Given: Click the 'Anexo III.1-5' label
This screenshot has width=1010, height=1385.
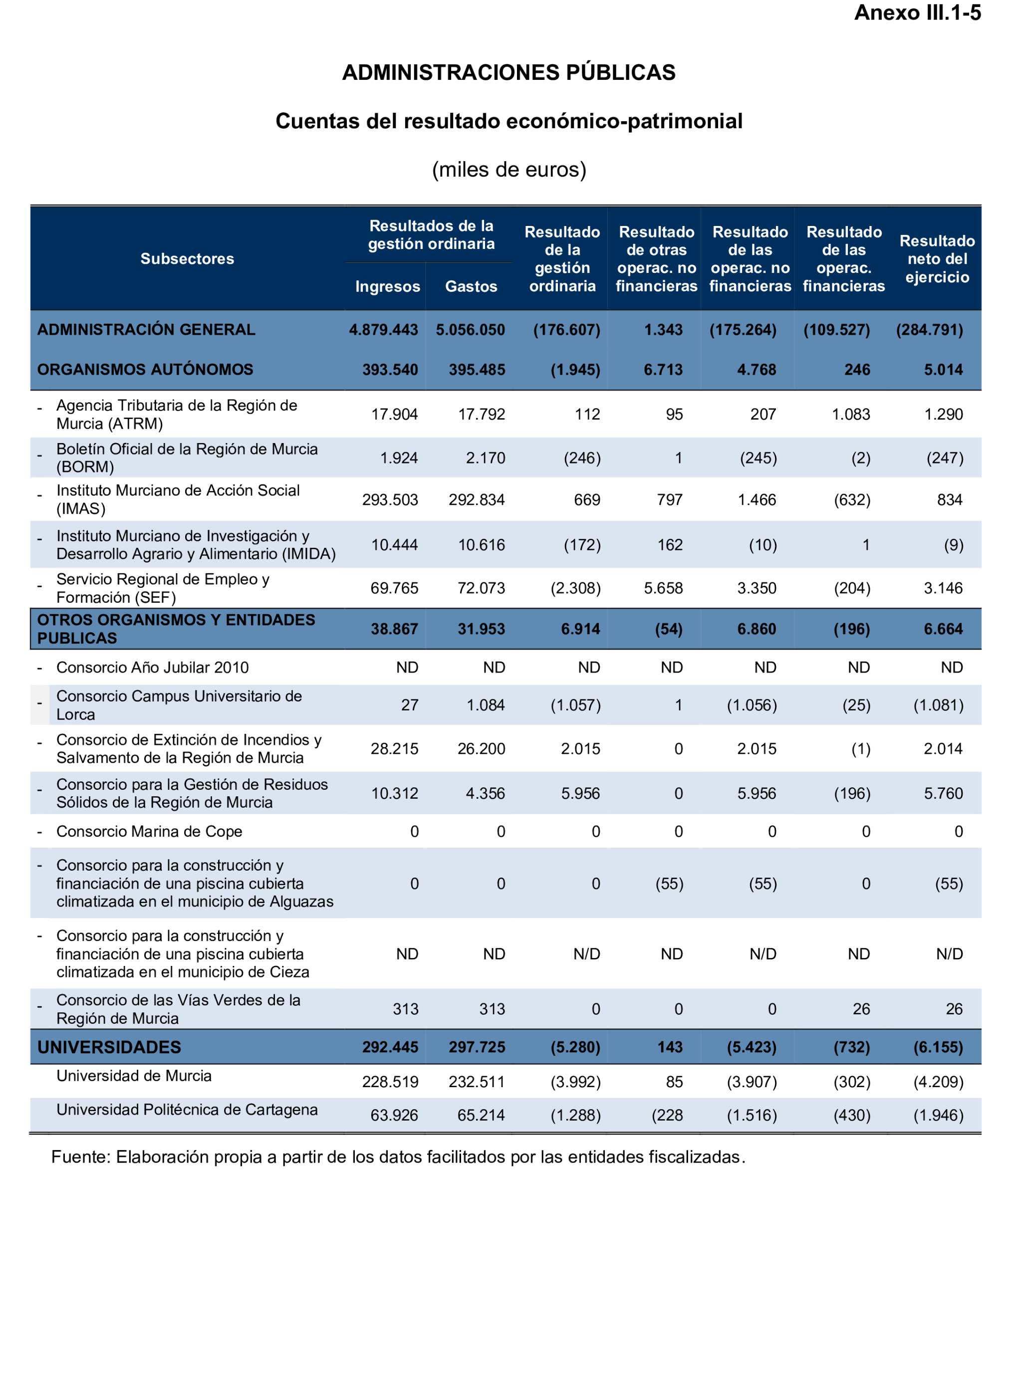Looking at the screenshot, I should (x=917, y=13).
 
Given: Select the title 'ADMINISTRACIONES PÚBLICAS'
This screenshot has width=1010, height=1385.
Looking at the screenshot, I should (x=508, y=72).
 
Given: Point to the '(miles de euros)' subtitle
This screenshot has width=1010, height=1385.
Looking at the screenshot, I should (x=508, y=169).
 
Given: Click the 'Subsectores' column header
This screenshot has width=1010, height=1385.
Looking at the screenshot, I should (x=187, y=258).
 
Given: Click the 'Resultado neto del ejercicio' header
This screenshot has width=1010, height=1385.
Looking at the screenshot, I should (x=937, y=258).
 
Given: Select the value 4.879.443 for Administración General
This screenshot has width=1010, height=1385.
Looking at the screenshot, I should (x=383, y=329).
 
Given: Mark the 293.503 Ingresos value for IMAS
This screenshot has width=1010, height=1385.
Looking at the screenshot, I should (x=390, y=499).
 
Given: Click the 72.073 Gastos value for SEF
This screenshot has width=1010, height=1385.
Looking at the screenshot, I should (x=481, y=588).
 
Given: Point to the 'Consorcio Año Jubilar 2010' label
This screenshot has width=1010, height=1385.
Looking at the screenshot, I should (x=152, y=667).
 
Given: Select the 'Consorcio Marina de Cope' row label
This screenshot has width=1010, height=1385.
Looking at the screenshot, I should (x=149, y=831).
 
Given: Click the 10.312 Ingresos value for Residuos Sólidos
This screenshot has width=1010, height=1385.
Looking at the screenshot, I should (x=394, y=793).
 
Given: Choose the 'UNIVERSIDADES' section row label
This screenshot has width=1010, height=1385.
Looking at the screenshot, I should (x=109, y=1047).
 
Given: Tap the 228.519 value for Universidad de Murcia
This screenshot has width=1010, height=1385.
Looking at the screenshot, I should (x=390, y=1082).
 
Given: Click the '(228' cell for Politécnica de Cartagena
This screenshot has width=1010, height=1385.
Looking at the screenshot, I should (x=667, y=1116).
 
